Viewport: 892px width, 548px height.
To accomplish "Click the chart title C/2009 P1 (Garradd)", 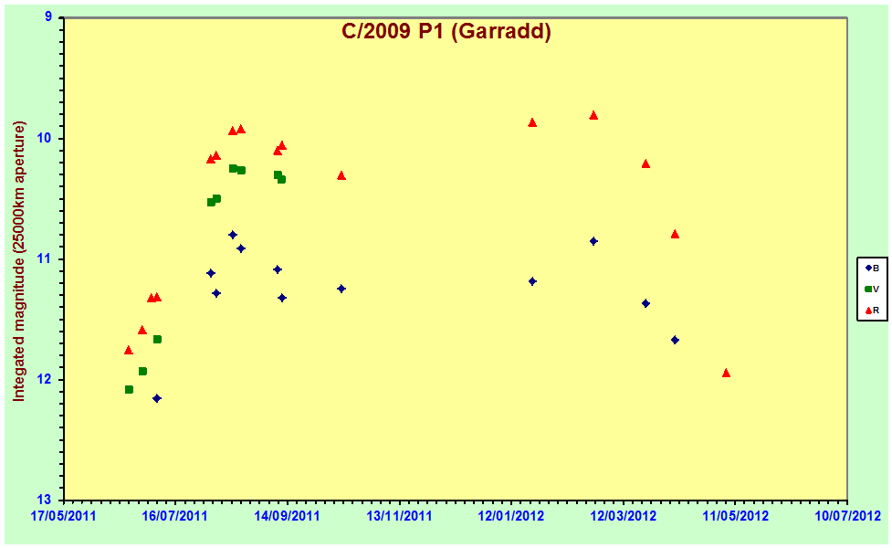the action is tap(446, 31).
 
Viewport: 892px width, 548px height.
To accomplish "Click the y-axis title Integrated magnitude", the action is tap(19, 261).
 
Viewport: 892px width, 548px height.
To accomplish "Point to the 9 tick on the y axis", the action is tap(48, 17).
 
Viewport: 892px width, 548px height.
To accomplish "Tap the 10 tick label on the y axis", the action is tap(45, 138).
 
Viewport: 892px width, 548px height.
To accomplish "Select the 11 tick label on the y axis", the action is tap(45, 258).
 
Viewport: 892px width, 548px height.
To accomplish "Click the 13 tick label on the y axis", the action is tap(45, 501).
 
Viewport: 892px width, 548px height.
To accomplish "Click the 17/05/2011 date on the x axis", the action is tap(64, 516).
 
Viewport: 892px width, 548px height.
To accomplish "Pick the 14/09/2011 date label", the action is tap(288, 516).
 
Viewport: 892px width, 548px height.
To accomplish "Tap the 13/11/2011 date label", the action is tap(399, 516).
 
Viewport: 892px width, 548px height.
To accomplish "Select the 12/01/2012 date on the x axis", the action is tap(511, 516).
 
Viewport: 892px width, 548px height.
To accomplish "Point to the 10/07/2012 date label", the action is tap(848, 516).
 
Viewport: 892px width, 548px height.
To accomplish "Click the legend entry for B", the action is tap(872, 268).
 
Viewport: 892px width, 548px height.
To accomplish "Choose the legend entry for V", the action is tap(872, 290).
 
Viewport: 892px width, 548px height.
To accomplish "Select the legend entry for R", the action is tap(872, 311).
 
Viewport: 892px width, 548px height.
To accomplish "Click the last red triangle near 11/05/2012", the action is tap(726, 373).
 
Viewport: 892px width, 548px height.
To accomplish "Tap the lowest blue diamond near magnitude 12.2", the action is tap(157, 398).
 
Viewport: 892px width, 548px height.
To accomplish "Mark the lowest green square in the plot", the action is tap(129, 389).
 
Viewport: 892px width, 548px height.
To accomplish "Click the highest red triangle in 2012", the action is tap(593, 115).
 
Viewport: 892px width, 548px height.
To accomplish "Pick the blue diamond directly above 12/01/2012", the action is tap(532, 281).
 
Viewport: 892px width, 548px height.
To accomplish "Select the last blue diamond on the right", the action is tap(675, 340).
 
